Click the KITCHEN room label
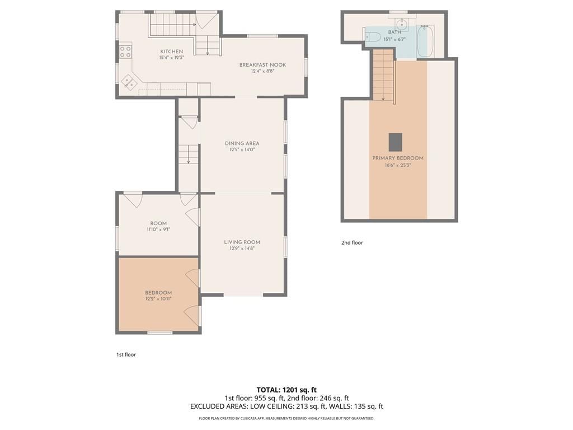[x=171, y=52]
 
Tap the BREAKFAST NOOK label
[x=262, y=65]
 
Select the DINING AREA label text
[x=242, y=143]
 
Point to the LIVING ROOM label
[x=242, y=242]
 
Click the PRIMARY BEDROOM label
[x=398, y=158]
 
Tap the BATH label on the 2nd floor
[x=394, y=32]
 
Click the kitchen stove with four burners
[x=125, y=51]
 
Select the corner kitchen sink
[x=128, y=81]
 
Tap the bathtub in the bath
[x=425, y=41]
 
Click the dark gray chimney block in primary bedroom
[x=395, y=142]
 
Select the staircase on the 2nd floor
[x=383, y=76]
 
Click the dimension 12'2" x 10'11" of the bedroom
[x=158, y=299]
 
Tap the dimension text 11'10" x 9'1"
[x=158, y=230]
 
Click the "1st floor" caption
[x=126, y=354]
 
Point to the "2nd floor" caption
[x=352, y=242]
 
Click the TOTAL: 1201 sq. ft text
[x=286, y=390]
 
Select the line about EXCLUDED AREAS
[x=286, y=406]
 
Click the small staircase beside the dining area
[x=189, y=154]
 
